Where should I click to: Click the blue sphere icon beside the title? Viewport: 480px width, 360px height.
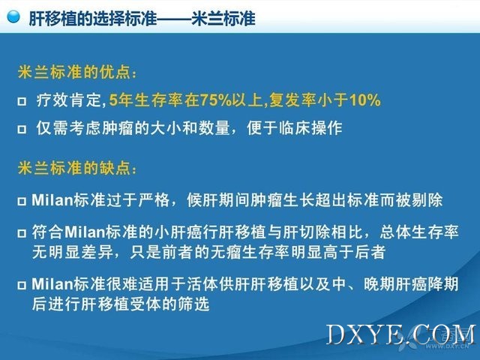[13, 16]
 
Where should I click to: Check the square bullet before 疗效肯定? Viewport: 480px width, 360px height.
[22, 101]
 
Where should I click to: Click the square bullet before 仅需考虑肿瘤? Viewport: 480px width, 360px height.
[22, 129]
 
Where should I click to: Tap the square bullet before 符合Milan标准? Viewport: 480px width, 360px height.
[22, 233]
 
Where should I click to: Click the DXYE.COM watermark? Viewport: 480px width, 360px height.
[401, 335]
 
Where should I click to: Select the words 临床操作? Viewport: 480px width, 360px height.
[310, 128]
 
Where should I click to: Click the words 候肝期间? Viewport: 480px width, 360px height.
[218, 200]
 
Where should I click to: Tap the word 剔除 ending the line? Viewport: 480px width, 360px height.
[427, 200]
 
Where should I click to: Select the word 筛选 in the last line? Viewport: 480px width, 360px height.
[193, 304]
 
